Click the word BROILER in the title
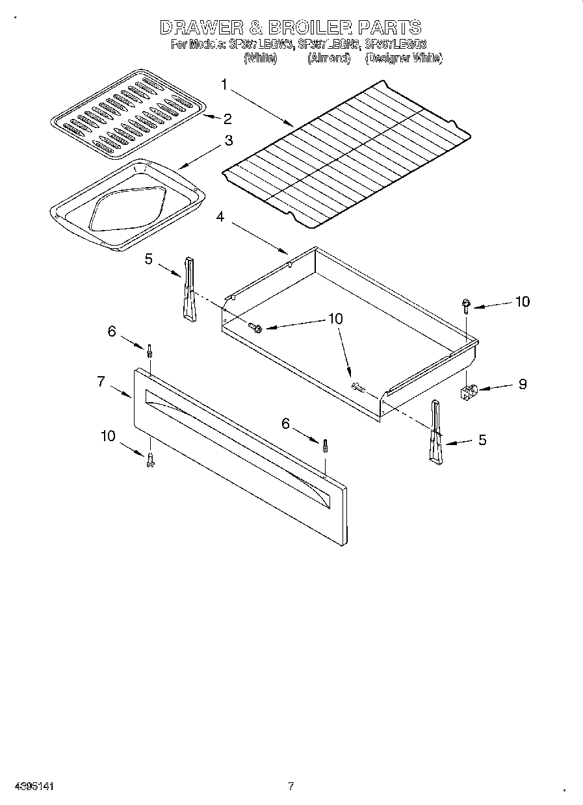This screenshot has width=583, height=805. pyautogui.click(x=301, y=27)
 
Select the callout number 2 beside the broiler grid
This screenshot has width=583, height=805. pyautogui.click(x=227, y=118)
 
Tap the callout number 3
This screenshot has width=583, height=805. pyautogui.click(x=229, y=140)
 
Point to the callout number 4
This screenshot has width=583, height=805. pyautogui.click(x=221, y=217)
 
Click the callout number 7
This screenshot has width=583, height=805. pyautogui.click(x=101, y=381)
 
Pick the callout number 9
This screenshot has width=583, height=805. pyautogui.click(x=523, y=384)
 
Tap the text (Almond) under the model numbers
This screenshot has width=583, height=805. pyautogui.click(x=328, y=58)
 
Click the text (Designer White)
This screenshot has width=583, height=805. pyautogui.click(x=403, y=58)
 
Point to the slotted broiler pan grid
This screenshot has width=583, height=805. pyautogui.click(x=128, y=113)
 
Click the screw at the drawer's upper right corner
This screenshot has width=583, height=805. pyautogui.click(x=466, y=304)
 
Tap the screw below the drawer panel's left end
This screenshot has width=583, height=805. pyautogui.click(x=150, y=459)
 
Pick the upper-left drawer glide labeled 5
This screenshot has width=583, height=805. pyautogui.click(x=188, y=289)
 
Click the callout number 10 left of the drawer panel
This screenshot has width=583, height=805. pyautogui.click(x=108, y=436)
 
